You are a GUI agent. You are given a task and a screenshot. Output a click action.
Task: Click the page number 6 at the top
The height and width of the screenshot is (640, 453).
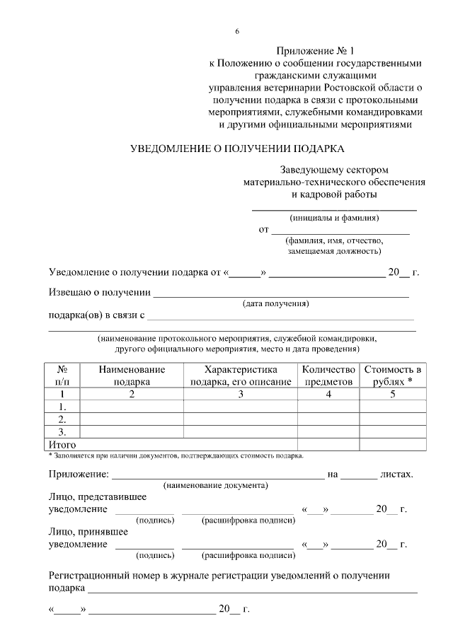tap(237, 31)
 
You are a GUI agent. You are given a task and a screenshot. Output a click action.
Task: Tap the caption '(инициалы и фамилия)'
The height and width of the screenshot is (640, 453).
tap(334, 218)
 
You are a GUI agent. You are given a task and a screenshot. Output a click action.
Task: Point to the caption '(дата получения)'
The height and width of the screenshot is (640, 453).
tap(276, 304)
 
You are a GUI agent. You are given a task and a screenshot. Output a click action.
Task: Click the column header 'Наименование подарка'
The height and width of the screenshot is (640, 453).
tap(132, 376)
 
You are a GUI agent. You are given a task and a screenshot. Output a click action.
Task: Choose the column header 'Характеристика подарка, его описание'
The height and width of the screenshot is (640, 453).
tap(240, 376)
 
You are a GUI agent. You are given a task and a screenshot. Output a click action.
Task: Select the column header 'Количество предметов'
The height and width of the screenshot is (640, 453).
tap(328, 376)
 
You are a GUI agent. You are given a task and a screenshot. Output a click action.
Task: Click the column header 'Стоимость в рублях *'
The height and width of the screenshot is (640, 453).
tap(392, 376)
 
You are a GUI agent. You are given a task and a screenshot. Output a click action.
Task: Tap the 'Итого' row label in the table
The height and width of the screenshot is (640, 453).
tap(62, 444)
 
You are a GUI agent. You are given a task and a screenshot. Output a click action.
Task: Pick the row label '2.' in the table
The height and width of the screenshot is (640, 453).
tap(62, 419)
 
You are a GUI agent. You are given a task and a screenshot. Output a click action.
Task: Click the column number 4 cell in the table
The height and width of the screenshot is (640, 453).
tap(328, 394)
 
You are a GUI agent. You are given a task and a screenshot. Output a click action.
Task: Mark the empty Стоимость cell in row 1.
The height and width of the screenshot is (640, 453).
tap(392, 407)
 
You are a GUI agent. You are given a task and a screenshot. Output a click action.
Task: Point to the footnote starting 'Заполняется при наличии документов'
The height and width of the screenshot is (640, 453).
tap(177, 455)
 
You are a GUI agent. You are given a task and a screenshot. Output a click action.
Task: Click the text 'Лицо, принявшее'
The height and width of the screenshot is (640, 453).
tap(87, 532)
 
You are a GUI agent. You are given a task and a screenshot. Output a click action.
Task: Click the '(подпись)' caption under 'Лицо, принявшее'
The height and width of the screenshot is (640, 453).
tap(156, 555)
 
